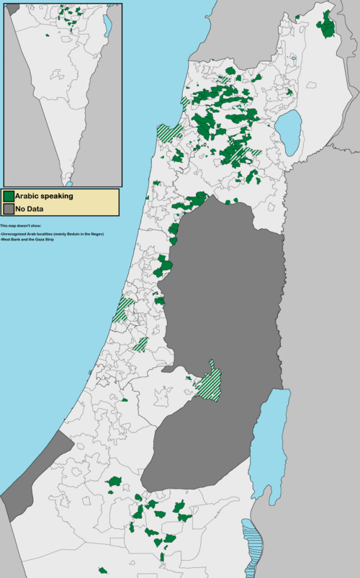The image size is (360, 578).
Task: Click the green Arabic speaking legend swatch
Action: coord(9,196)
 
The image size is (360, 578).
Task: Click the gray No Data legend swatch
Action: coord(9,209)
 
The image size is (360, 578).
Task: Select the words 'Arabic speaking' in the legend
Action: coord(44,196)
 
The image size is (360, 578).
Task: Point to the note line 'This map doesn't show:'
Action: coord(22,226)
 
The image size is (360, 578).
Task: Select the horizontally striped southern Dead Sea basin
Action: coord(253,547)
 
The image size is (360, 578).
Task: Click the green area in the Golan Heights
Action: coord(327,26)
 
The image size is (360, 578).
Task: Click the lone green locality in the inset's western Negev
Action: coord(48,35)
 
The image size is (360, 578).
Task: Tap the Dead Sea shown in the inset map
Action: coord(107,26)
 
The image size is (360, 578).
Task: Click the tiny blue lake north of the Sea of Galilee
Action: coord(293,59)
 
